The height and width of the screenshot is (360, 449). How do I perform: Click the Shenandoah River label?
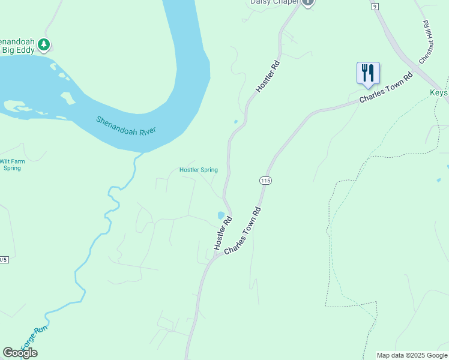click(126, 125)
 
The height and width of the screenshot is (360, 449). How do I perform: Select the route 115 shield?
click(265, 180)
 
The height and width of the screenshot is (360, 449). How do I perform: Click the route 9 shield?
click(375, 6)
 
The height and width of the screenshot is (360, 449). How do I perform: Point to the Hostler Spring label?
click(198, 170)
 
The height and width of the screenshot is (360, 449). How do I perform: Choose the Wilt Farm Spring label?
click(11, 165)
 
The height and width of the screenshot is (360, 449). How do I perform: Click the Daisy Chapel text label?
click(274, 2)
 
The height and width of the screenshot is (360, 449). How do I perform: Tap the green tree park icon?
click(43, 44)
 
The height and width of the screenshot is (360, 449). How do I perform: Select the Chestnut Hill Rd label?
click(424, 43)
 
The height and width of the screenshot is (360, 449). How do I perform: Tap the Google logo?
click(20, 353)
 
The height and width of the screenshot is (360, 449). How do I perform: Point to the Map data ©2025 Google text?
click(412, 355)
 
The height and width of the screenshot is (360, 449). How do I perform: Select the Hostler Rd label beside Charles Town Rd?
click(223, 233)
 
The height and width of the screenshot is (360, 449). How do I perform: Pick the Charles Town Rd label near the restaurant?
click(387, 89)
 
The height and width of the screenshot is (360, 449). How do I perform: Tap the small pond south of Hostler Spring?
click(221, 215)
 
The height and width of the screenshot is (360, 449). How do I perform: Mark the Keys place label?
click(439, 94)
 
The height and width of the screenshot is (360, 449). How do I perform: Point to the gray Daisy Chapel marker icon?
click(307, 2)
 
